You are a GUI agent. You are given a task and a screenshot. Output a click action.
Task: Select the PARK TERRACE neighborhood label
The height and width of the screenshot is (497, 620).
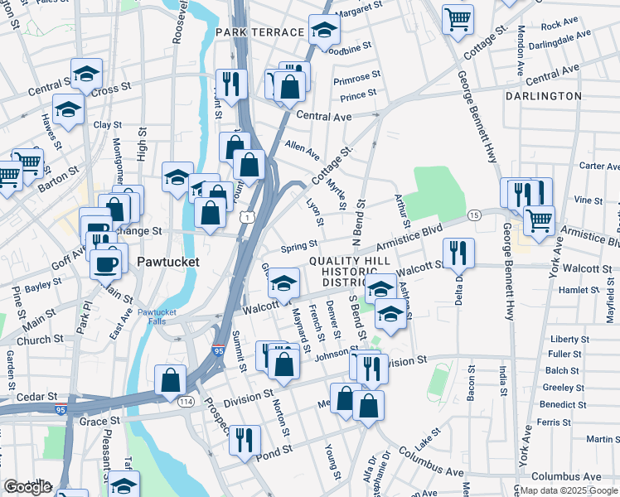tap(259, 32)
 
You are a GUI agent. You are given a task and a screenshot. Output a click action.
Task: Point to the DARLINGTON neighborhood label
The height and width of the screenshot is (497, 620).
tap(543, 96)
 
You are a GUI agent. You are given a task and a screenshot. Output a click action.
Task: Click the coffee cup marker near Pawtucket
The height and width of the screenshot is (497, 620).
tap(105, 264)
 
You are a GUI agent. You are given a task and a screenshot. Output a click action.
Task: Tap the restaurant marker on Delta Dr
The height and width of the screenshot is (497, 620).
tap(458, 253)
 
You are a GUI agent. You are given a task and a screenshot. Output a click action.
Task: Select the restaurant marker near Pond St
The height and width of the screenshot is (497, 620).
tap(244, 439)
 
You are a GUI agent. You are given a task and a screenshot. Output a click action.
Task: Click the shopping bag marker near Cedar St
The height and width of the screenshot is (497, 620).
tap(171, 381)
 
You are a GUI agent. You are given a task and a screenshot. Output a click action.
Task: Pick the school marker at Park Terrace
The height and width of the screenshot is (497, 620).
tap(325, 30)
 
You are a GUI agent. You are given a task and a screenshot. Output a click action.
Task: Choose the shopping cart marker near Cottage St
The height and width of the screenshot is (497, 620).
tap(458, 17)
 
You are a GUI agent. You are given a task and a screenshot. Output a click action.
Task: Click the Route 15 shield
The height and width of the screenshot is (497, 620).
tap(474, 215)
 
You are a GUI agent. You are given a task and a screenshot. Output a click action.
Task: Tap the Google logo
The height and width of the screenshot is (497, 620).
tap(27, 487)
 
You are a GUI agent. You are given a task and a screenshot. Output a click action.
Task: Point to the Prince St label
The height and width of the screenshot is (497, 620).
tap(358, 97)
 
